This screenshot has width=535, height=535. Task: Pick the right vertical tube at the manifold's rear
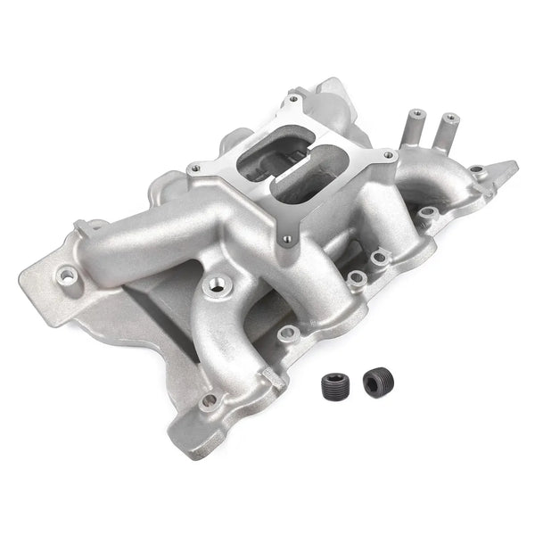coord(449,129)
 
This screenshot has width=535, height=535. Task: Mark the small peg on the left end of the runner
coord(79,226)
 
